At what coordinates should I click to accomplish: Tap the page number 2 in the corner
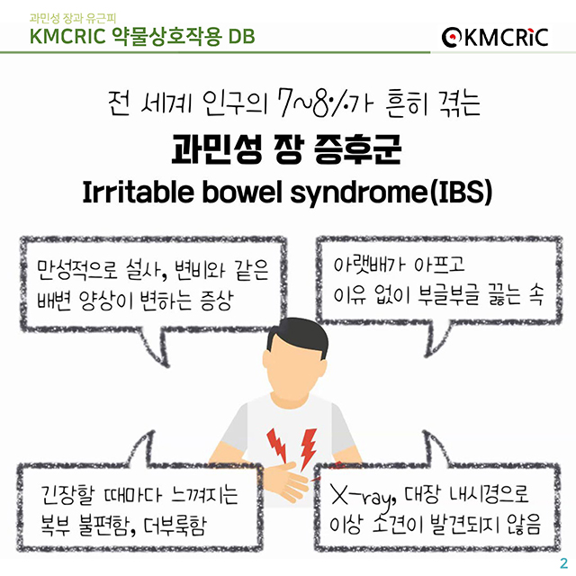[x=563, y=562]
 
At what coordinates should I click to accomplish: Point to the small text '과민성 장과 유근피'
[x=67, y=16]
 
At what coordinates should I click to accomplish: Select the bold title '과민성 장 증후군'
[x=287, y=150]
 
